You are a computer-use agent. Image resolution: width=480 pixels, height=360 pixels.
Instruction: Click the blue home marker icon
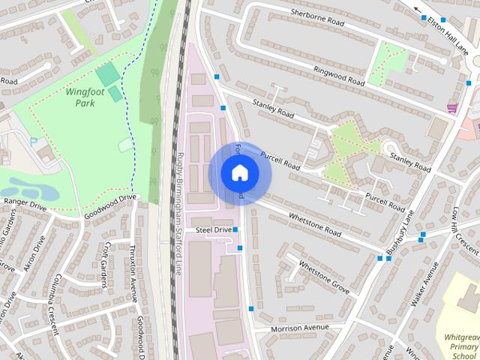point(239,173)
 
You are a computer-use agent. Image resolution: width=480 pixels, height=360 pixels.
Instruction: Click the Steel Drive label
point(214,229)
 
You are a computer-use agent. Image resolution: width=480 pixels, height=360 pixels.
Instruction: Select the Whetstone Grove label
point(324,276)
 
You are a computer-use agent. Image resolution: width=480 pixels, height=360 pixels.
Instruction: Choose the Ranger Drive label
point(24,203)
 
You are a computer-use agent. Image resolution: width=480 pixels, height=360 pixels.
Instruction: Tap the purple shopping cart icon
point(452,108)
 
